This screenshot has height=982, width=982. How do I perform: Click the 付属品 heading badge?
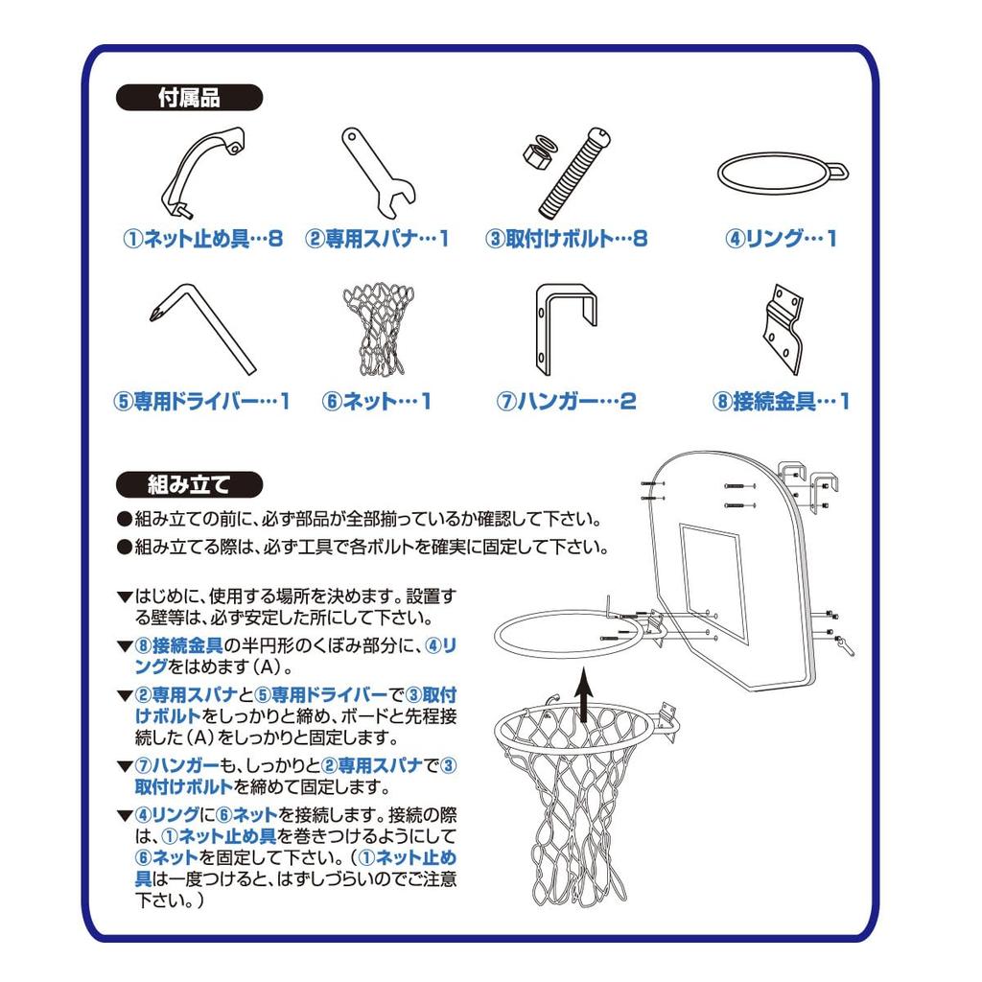[189, 98]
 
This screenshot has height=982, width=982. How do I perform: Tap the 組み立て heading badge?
[189, 484]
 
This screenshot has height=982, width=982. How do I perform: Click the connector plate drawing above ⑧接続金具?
[783, 330]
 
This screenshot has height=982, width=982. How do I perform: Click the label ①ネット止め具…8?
[203, 239]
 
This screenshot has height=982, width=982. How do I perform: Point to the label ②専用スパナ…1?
[377, 239]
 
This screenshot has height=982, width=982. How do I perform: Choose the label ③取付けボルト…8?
[566, 239]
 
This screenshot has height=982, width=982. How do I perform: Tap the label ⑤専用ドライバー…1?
[201, 402]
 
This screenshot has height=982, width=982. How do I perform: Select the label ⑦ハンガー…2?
[566, 402]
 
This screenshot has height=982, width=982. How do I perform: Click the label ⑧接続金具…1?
[781, 402]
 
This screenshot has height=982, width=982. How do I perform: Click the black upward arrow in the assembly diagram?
[584, 695]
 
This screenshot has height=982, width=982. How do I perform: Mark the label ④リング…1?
[781, 239]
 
